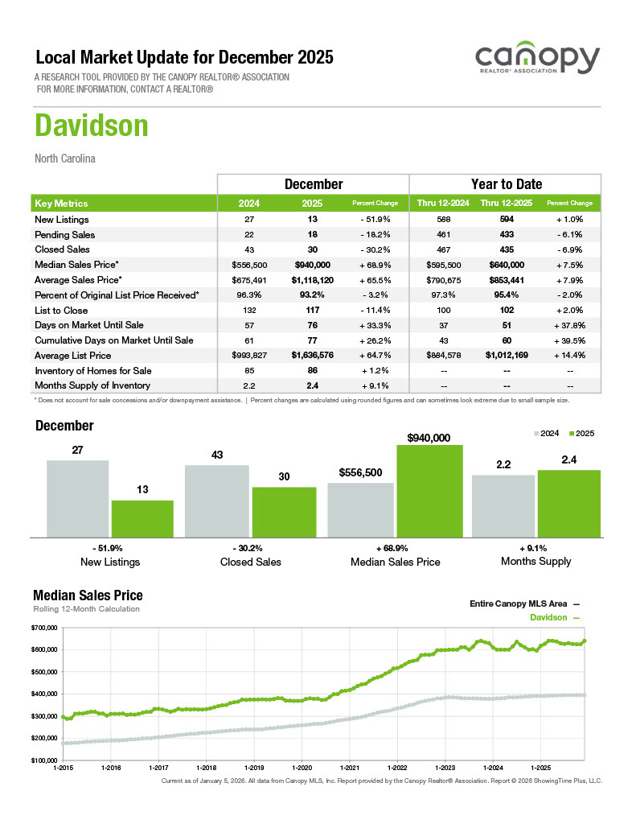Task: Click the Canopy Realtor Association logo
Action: tap(537, 61)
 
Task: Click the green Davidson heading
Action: tap(92, 126)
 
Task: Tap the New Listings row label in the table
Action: tap(62, 220)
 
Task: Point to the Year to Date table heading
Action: tap(506, 184)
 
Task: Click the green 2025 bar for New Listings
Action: tap(142, 518)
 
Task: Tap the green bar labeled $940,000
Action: tap(429, 490)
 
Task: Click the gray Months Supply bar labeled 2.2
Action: tap(503, 505)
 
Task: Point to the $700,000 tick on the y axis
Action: tap(44, 628)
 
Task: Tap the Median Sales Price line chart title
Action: tap(88, 595)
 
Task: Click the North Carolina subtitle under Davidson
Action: tap(65, 159)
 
